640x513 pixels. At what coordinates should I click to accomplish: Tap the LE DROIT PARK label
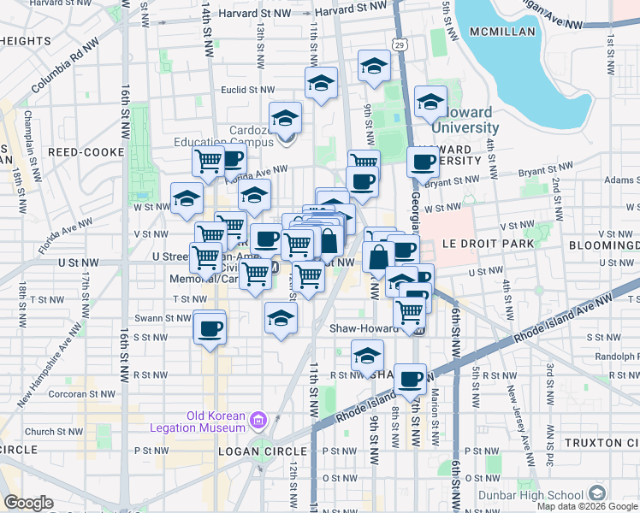click(x=488, y=244)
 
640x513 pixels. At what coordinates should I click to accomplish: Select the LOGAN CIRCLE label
click(x=262, y=451)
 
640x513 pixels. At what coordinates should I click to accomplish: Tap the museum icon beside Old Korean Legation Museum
click(x=259, y=420)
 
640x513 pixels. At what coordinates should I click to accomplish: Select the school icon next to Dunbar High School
click(x=597, y=493)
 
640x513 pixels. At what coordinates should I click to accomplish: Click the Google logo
click(x=28, y=503)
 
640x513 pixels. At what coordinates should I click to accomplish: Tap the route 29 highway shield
click(x=400, y=43)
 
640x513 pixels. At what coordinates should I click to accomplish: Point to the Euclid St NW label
click(x=248, y=88)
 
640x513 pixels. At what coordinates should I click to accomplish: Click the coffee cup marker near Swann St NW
click(x=209, y=327)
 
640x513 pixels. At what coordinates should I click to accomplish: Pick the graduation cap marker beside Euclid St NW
click(x=321, y=83)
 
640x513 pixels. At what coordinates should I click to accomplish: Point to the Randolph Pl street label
click(x=616, y=357)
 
